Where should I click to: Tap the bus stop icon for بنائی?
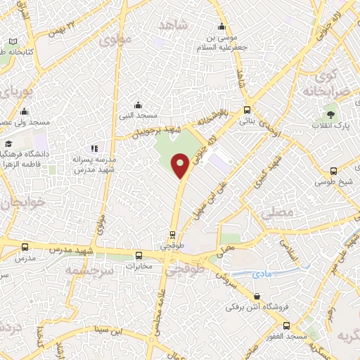point(247,110)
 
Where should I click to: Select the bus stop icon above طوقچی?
point(173,236)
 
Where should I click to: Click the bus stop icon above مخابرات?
point(139,256)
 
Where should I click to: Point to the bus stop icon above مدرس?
point(25,247)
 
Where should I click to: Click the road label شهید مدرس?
point(67,250)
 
